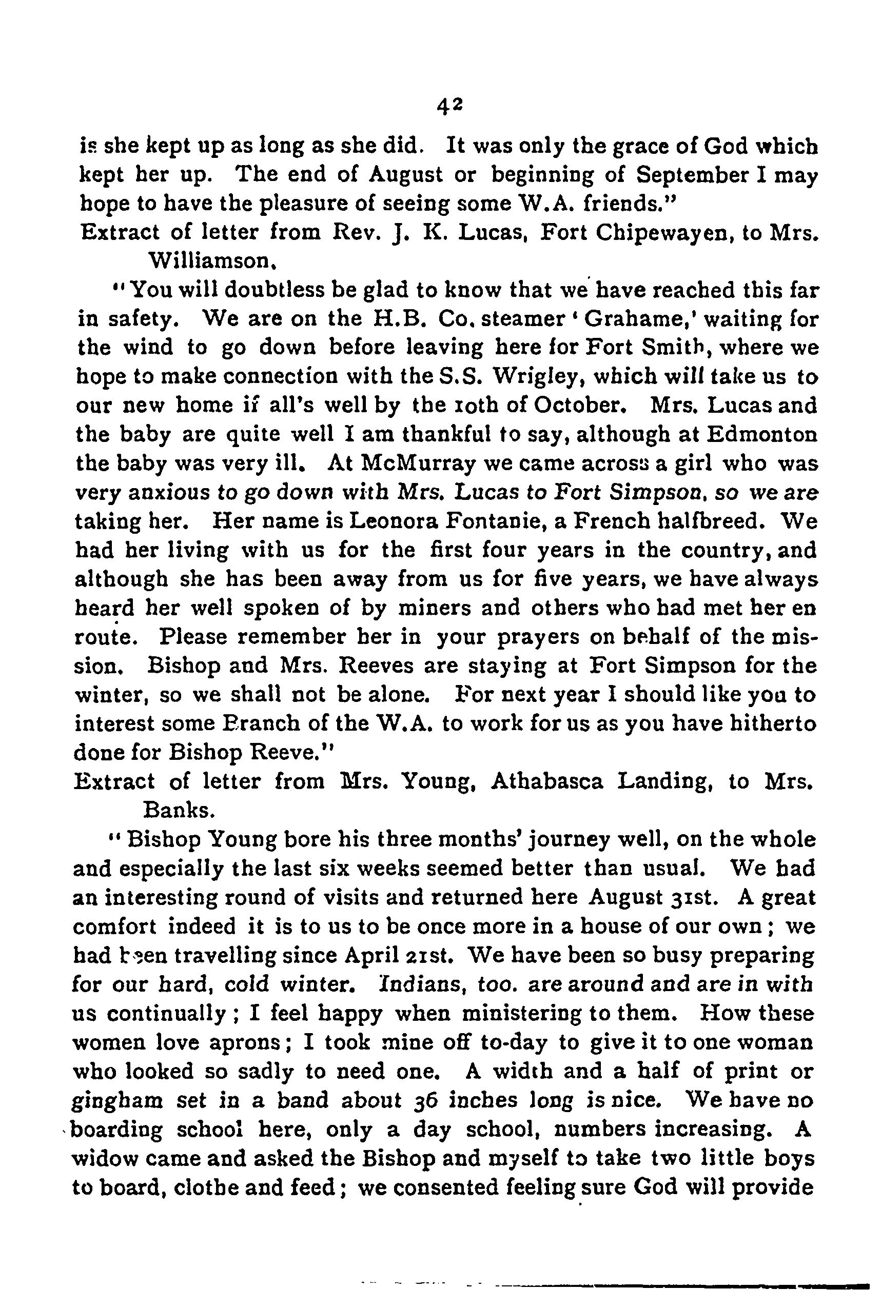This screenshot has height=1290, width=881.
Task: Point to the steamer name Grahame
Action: [630, 318]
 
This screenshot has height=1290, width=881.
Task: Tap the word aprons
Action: [248, 1042]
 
